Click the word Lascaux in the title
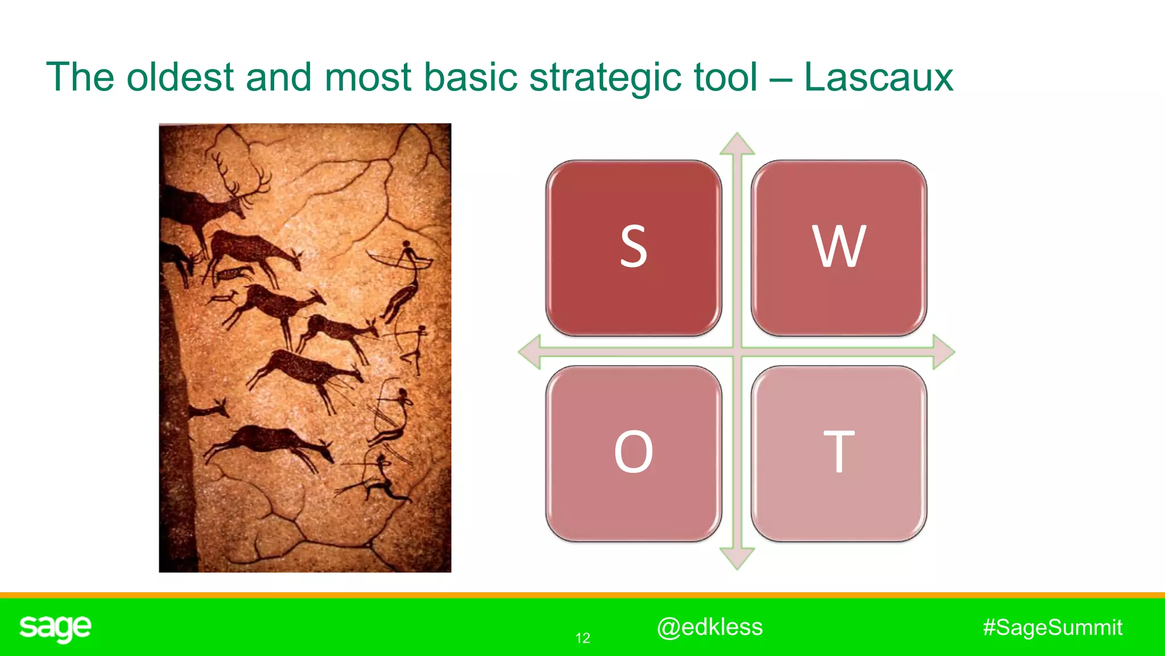pos(878,77)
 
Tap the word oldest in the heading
pos(180,77)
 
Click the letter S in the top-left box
pos(633,247)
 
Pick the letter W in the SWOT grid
pos(838,247)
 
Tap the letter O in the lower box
pos(633,452)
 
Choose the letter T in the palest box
pos(838,452)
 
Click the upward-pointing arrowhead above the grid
pos(737,144)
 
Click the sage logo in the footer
pos(55,628)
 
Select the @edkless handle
pos(709,627)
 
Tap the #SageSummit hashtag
pos(1052,628)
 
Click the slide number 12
pos(582,638)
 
